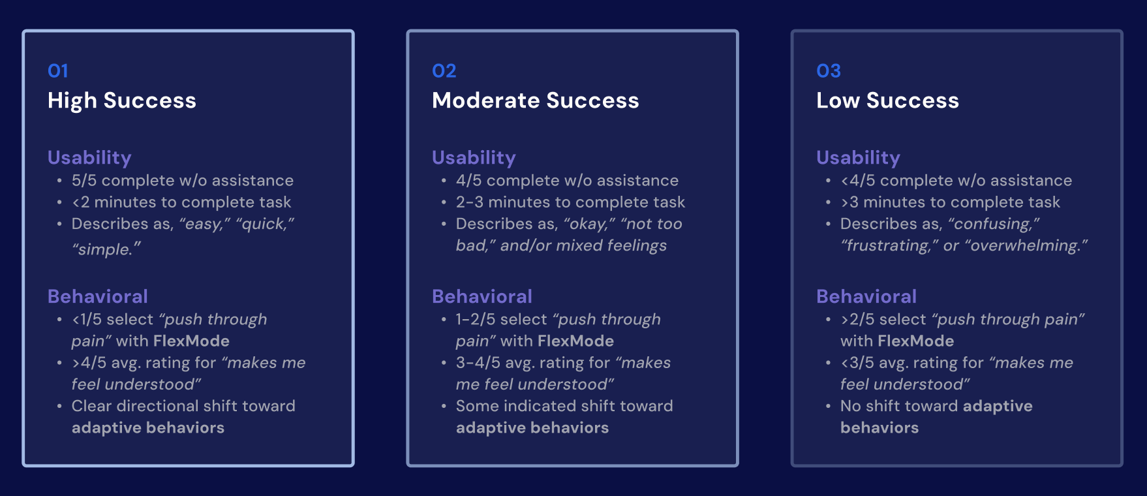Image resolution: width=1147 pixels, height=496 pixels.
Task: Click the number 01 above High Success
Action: [x=57, y=70]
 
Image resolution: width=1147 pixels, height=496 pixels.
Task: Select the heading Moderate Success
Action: [x=535, y=101]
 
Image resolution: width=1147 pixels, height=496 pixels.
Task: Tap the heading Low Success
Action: [x=887, y=101]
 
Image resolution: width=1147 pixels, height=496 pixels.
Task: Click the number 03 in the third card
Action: [x=828, y=70]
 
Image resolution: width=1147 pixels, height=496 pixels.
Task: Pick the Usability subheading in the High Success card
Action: [x=89, y=157]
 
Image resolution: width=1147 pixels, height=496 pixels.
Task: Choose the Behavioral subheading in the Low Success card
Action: [x=866, y=296]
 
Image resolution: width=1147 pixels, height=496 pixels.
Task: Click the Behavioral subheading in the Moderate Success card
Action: [x=482, y=296]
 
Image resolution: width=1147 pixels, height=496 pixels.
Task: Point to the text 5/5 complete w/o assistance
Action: [x=182, y=180]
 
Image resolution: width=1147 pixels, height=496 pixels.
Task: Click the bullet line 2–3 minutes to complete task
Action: [x=570, y=202]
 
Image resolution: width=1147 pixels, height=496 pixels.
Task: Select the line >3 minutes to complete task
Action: [x=950, y=202]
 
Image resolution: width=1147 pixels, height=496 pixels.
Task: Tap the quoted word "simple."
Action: [x=106, y=249]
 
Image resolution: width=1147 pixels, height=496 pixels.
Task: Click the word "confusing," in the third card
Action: [x=994, y=224]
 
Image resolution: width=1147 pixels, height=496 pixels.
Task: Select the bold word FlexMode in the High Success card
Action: [x=191, y=341]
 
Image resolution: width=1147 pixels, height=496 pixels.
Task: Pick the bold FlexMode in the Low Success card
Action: [x=915, y=341]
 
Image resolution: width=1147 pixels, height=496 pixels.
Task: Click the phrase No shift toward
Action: [x=899, y=406]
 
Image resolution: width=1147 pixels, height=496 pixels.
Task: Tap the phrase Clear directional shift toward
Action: [x=183, y=406]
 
